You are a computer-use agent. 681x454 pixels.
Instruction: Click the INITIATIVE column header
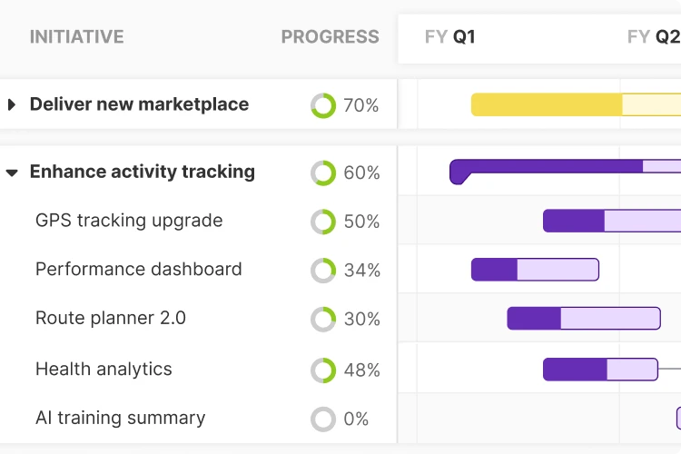[76, 37]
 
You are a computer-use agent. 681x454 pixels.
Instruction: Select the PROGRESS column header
[330, 37]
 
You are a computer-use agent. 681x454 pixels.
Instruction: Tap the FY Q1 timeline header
[449, 37]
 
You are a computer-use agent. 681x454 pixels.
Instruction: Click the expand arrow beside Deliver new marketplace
[12, 104]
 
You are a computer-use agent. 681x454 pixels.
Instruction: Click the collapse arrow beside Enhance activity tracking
[12, 172]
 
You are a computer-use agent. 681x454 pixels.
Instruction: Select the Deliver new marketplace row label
[139, 104]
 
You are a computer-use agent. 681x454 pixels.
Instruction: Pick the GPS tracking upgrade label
[129, 221]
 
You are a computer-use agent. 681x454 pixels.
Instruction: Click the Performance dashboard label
[139, 270]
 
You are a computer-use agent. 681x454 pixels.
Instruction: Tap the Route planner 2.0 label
[111, 319]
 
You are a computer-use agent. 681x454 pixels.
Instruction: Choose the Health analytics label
[104, 370]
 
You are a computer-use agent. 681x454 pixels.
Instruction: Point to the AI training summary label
[120, 419]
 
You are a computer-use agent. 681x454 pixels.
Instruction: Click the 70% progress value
[360, 105]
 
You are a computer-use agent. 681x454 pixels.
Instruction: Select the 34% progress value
[361, 271]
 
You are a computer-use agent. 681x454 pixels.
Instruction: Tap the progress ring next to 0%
[323, 419]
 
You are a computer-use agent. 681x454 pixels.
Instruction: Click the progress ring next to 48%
[323, 370]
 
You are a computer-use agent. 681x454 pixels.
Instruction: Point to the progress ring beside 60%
[323, 173]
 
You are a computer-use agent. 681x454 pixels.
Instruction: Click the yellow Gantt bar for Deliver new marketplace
[572, 104]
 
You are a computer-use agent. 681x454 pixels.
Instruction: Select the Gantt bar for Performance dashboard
[535, 270]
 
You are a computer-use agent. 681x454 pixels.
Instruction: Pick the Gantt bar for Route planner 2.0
[583, 319]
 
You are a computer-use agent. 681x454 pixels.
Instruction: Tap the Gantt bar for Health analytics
[600, 370]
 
